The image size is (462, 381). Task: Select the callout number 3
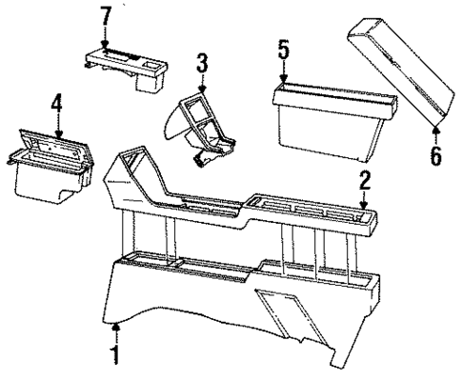(x=201, y=64)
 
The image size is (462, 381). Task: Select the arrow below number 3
(x=201, y=84)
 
